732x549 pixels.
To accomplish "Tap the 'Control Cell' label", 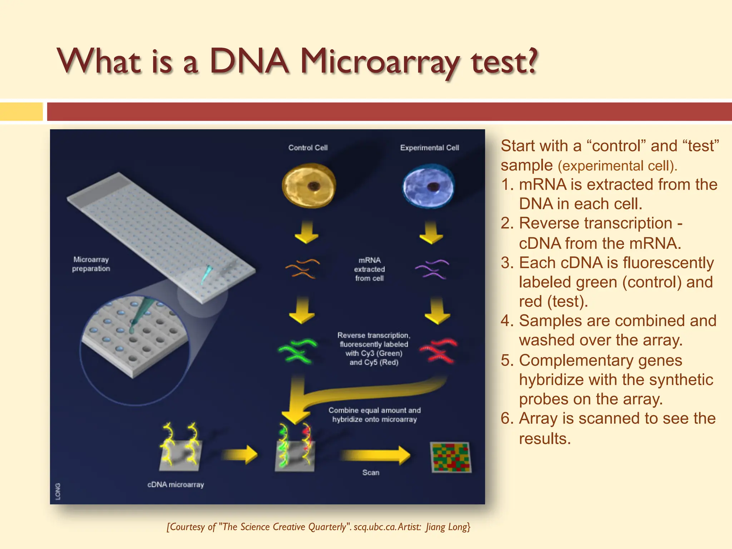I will (308, 148).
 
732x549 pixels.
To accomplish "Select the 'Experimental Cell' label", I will (429, 148).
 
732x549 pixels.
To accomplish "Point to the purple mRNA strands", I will (432, 269).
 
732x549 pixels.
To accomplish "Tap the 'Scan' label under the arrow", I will (371, 473).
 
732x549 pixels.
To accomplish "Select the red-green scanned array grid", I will (451, 457).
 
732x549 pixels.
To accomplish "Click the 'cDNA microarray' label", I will (175, 485).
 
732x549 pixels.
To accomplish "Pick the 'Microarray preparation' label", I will (91, 264).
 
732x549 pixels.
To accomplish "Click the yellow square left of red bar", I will (21, 112).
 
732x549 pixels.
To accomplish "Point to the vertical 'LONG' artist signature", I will (58, 491).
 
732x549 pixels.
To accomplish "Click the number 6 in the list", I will (505, 418).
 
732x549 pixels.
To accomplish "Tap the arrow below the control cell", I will (306, 232).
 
